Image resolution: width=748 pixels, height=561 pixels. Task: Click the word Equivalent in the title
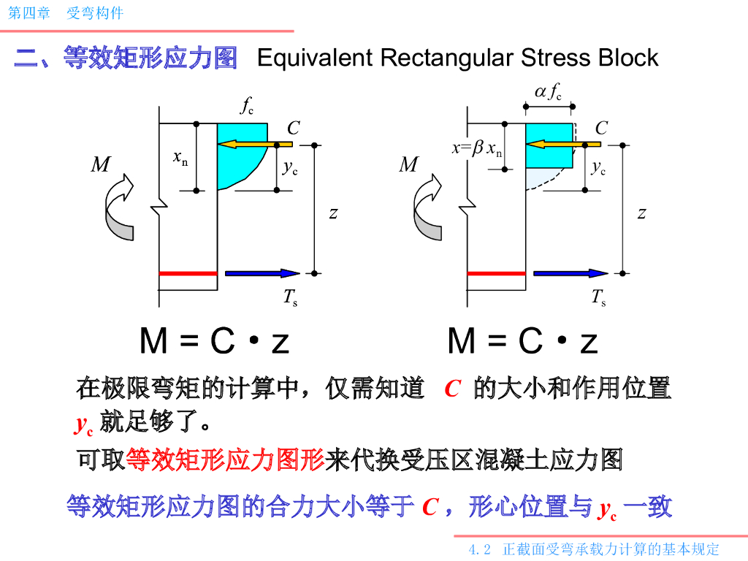click(x=315, y=58)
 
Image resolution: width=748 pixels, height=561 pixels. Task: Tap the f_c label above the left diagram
click(x=247, y=105)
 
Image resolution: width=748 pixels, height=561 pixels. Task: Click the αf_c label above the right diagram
click(x=548, y=91)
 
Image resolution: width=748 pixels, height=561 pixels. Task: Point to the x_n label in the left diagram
click(x=180, y=157)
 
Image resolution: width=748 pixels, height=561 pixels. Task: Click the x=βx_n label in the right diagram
click(x=477, y=148)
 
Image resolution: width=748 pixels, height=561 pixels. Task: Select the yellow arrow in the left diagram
click(x=255, y=144)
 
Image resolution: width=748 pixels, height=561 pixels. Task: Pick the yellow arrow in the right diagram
click(x=563, y=144)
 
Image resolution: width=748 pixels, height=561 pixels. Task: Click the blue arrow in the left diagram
click(x=262, y=273)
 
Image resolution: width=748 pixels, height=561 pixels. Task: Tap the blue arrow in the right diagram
click(x=570, y=273)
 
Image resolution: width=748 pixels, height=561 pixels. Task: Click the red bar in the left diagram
click(x=188, y=273)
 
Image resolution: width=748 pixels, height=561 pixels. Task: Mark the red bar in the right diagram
click(x=496, y=273)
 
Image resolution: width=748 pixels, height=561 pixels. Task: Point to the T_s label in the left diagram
click(x=291, y=297)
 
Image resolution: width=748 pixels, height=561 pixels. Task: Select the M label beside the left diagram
click(x=101, y=164)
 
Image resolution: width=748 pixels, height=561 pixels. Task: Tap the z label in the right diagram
click(x=641, y=213)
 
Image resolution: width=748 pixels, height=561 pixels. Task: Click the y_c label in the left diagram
click(x=290, y=168)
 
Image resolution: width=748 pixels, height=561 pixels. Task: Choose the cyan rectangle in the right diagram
click(x=549, y=145)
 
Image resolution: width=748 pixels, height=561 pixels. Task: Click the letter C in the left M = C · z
click(x=223, y=340)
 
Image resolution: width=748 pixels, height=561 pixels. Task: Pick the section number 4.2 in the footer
click(x=479, y=549)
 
